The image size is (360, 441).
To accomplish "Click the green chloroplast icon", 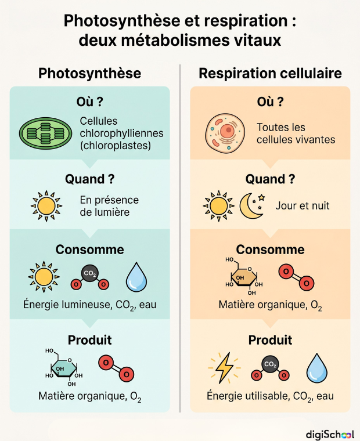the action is point(45,133).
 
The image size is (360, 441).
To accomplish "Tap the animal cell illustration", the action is point(225,133).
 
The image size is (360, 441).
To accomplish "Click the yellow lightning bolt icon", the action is point(224,367).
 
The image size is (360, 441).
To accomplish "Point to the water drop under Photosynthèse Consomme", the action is point(136,277).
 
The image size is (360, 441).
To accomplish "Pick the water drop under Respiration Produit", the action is point(316,368).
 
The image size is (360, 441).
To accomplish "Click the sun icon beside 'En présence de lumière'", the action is point(46,206).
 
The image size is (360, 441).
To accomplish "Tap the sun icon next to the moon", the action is point(218,206).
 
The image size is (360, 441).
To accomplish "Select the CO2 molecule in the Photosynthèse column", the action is point(90,277).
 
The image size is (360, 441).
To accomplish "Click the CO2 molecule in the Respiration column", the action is point(270,368).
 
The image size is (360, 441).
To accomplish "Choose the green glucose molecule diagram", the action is point(64,367).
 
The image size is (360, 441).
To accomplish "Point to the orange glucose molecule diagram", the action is point(244,276).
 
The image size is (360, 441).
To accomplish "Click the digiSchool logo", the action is point(330,434).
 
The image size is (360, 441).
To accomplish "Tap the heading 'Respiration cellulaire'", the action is point(270,74).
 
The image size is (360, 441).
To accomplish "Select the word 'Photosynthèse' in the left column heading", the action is point(90,74).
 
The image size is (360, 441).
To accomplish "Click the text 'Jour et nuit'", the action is point(303,205).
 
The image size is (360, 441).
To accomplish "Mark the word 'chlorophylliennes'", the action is point(121,133).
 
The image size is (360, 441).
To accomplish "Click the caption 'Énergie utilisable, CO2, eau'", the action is point(270,396).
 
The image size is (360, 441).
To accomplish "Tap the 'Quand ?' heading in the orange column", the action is point(270,179).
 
